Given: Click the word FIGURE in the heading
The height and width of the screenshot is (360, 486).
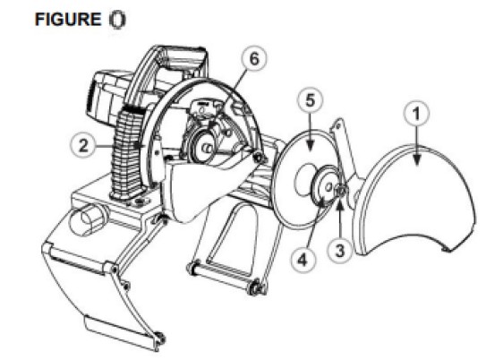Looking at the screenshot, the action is coord(68,19).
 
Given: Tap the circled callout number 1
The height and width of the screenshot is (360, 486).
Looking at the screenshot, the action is coord(416,114).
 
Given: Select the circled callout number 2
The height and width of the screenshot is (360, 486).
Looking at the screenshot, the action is coord(83,146).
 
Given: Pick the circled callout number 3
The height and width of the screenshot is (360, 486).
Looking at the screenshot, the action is coord(340,250).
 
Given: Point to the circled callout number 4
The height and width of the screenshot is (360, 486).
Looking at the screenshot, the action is coord(303,259).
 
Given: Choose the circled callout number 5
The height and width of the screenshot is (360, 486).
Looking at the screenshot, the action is coord(311,100).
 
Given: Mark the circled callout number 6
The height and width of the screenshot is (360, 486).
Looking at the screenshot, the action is coord(254,58).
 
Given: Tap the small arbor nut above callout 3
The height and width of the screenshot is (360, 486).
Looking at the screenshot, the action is coord(341,190).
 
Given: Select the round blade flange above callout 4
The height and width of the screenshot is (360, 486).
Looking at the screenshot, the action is coord(322,184).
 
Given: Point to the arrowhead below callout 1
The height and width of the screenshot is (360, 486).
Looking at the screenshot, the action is coord(417,160).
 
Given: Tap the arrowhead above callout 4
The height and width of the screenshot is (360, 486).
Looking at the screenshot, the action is coord(321,202).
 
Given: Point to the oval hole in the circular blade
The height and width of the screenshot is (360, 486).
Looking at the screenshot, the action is coord(303,177).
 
